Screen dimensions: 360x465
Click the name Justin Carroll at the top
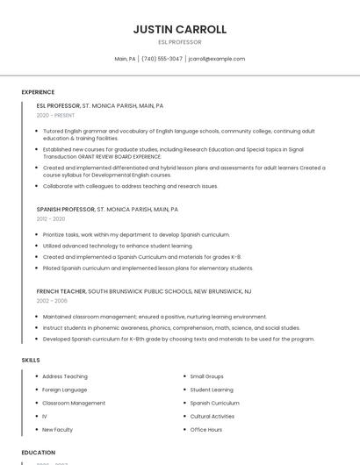(179, 29)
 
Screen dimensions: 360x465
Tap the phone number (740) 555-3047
(162, 59)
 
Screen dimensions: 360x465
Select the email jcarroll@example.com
(216, 59)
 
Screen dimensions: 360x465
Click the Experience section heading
(38, 92)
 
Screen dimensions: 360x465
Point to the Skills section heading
(31, 360)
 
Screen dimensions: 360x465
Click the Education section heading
(38, 453)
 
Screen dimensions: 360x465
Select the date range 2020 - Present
(55, 115)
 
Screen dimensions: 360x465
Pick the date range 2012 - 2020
(51, 219)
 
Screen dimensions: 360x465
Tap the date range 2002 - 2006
(52, 300)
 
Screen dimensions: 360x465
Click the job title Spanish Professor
(65, 210)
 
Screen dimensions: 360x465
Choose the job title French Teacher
(61, 290)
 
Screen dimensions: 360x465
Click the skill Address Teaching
(65, 376)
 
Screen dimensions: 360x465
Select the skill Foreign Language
(65, 390)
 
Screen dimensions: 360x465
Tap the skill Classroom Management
(74, 403)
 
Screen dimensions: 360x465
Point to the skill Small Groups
(207, 376)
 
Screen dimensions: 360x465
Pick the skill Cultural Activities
(212, 416)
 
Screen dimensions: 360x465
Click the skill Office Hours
(206, 430)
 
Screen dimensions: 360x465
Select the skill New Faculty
(58, 430)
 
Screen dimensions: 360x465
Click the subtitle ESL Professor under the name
(179, 42)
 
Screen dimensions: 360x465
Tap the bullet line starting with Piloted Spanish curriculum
(148, 268)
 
